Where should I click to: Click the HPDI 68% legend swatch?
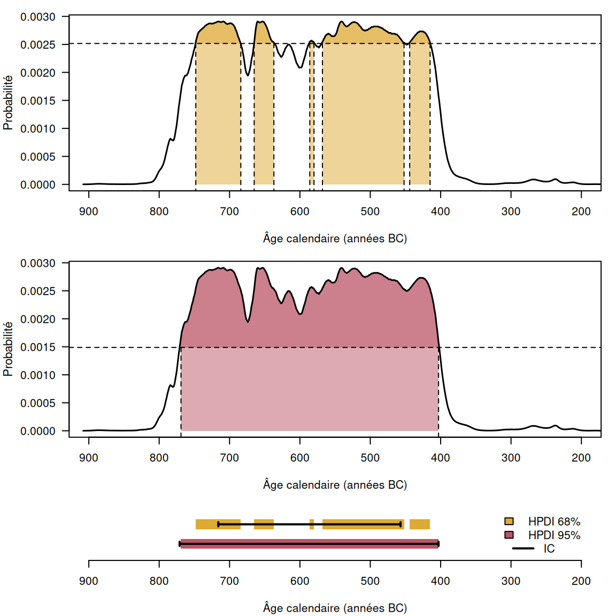tap(509, 521)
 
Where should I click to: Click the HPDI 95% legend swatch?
tap(509, 535)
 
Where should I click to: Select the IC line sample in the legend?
tap(523, 549)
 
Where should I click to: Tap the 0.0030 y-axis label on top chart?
tap(37, 17)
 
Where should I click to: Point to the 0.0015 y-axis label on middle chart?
tap(37, 347)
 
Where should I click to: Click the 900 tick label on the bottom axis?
tap(89, 581)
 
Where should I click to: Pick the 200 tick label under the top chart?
tap(581, 211)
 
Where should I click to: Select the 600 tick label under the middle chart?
tap(299, 458)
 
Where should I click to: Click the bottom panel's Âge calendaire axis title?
tap(335, 608)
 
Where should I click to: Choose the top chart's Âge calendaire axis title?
tap(335, 238)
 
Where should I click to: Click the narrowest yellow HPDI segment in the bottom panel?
tap(312, 525)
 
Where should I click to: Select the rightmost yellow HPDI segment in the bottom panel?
tap(420, 525)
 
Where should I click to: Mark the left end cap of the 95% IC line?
tap(180, 544)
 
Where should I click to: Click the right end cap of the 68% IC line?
tap(401, 525)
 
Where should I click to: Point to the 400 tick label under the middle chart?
tap(440, 458)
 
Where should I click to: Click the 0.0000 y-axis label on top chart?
tap(37, 185)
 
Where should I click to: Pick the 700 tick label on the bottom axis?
tap(229, 581)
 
